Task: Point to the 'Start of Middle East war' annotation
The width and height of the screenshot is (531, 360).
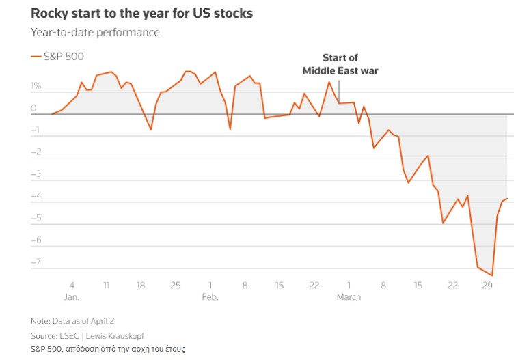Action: tap(340, 64)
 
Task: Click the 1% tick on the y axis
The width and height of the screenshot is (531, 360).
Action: tap(36, 87)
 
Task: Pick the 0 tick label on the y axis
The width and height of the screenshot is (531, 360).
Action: tap(33, 109)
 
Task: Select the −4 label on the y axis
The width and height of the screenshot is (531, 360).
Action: tap(36, 196)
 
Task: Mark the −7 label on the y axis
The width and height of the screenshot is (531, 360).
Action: tap(36, 262)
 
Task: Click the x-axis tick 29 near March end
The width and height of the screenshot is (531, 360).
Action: tap(487, 285)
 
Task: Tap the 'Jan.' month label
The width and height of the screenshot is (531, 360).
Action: tap(72, 297)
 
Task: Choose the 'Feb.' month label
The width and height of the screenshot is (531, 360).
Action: tap(210, 297)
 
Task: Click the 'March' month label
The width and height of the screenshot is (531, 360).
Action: tap(349, 297)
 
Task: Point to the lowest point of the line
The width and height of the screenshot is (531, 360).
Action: tap(492, 275)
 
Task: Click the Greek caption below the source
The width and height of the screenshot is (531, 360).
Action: tap(107, 349)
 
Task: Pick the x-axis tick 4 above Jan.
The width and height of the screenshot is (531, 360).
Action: tap(72, 285)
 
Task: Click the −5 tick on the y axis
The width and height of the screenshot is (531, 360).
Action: tap(36, 218)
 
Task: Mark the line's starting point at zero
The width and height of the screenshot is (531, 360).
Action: tap(53, 114)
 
